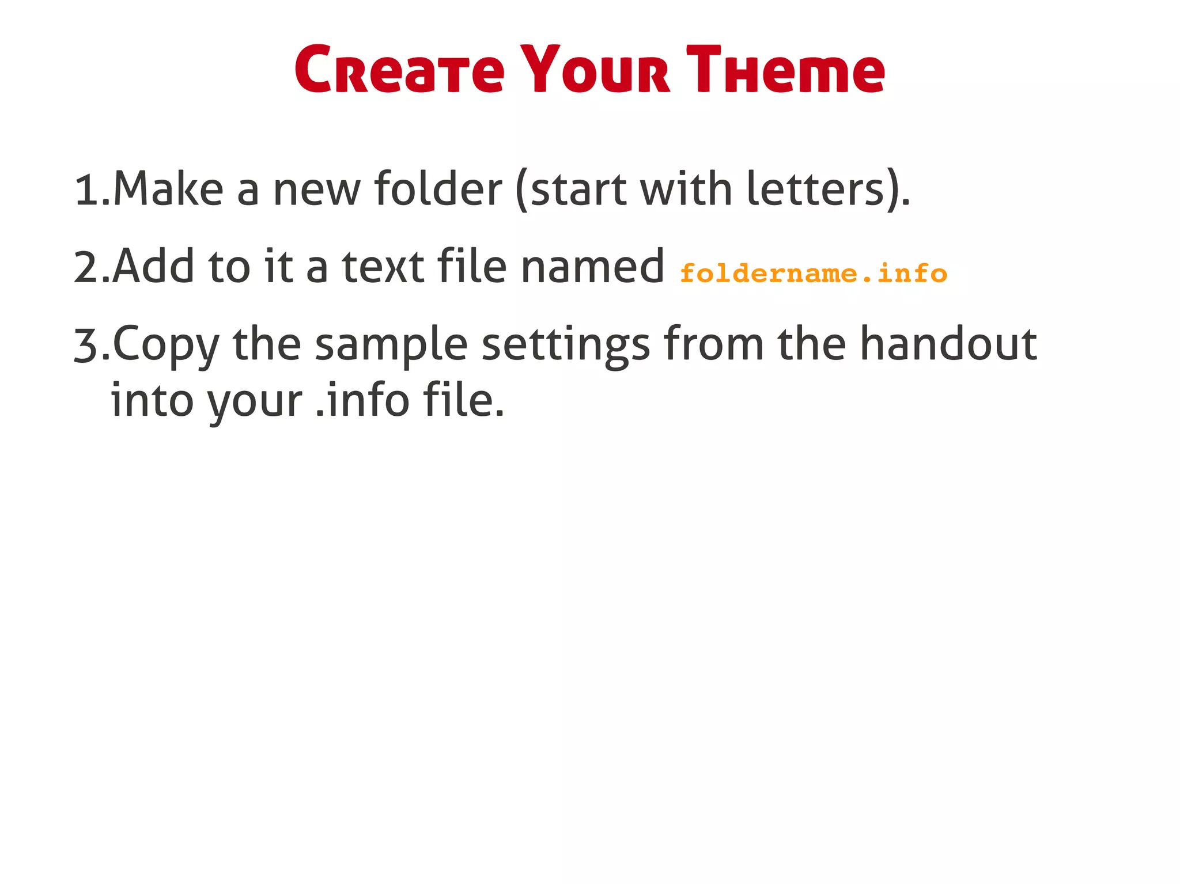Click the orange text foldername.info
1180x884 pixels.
[x=813, y=273]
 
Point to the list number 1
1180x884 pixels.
[x=87, y=190]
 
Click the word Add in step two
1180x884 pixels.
[x=153, y=267]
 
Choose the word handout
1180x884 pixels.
[x=948, y=344]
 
